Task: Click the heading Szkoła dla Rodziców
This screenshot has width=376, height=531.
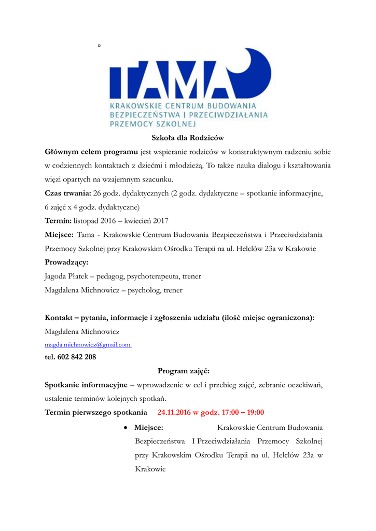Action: click(187, 138)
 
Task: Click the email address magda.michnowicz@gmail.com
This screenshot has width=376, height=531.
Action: click(88, 344)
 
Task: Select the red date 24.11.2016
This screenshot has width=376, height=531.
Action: click(174, 413)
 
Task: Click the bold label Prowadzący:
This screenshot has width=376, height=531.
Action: click(66, 262)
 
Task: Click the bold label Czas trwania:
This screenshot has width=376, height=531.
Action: click(67, 193)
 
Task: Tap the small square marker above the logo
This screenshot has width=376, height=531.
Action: click(99, 46)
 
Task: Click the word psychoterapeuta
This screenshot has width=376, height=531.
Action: click(149, 276)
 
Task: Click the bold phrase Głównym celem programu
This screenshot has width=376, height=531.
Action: click(91, 152)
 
